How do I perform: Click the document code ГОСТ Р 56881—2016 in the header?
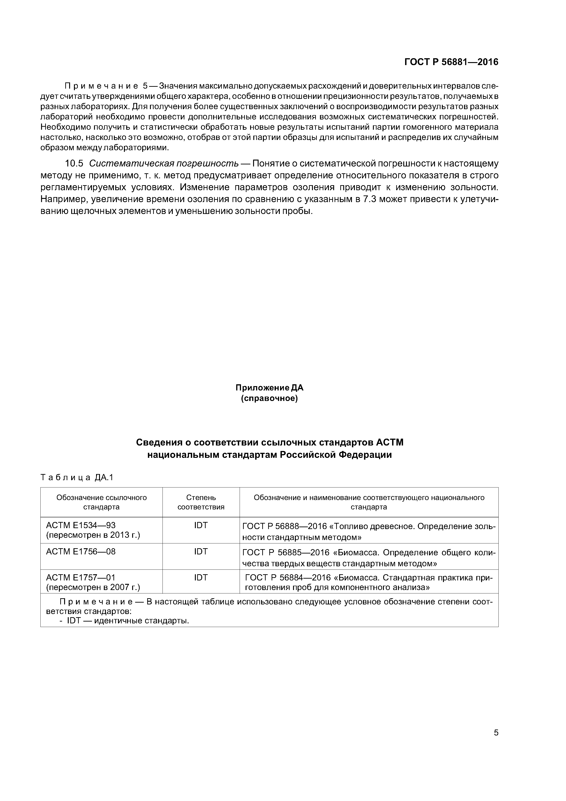point(451,62)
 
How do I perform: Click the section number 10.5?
point(74,163)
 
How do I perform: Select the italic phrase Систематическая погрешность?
point(164,163)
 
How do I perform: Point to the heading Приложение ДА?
point(269,387)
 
